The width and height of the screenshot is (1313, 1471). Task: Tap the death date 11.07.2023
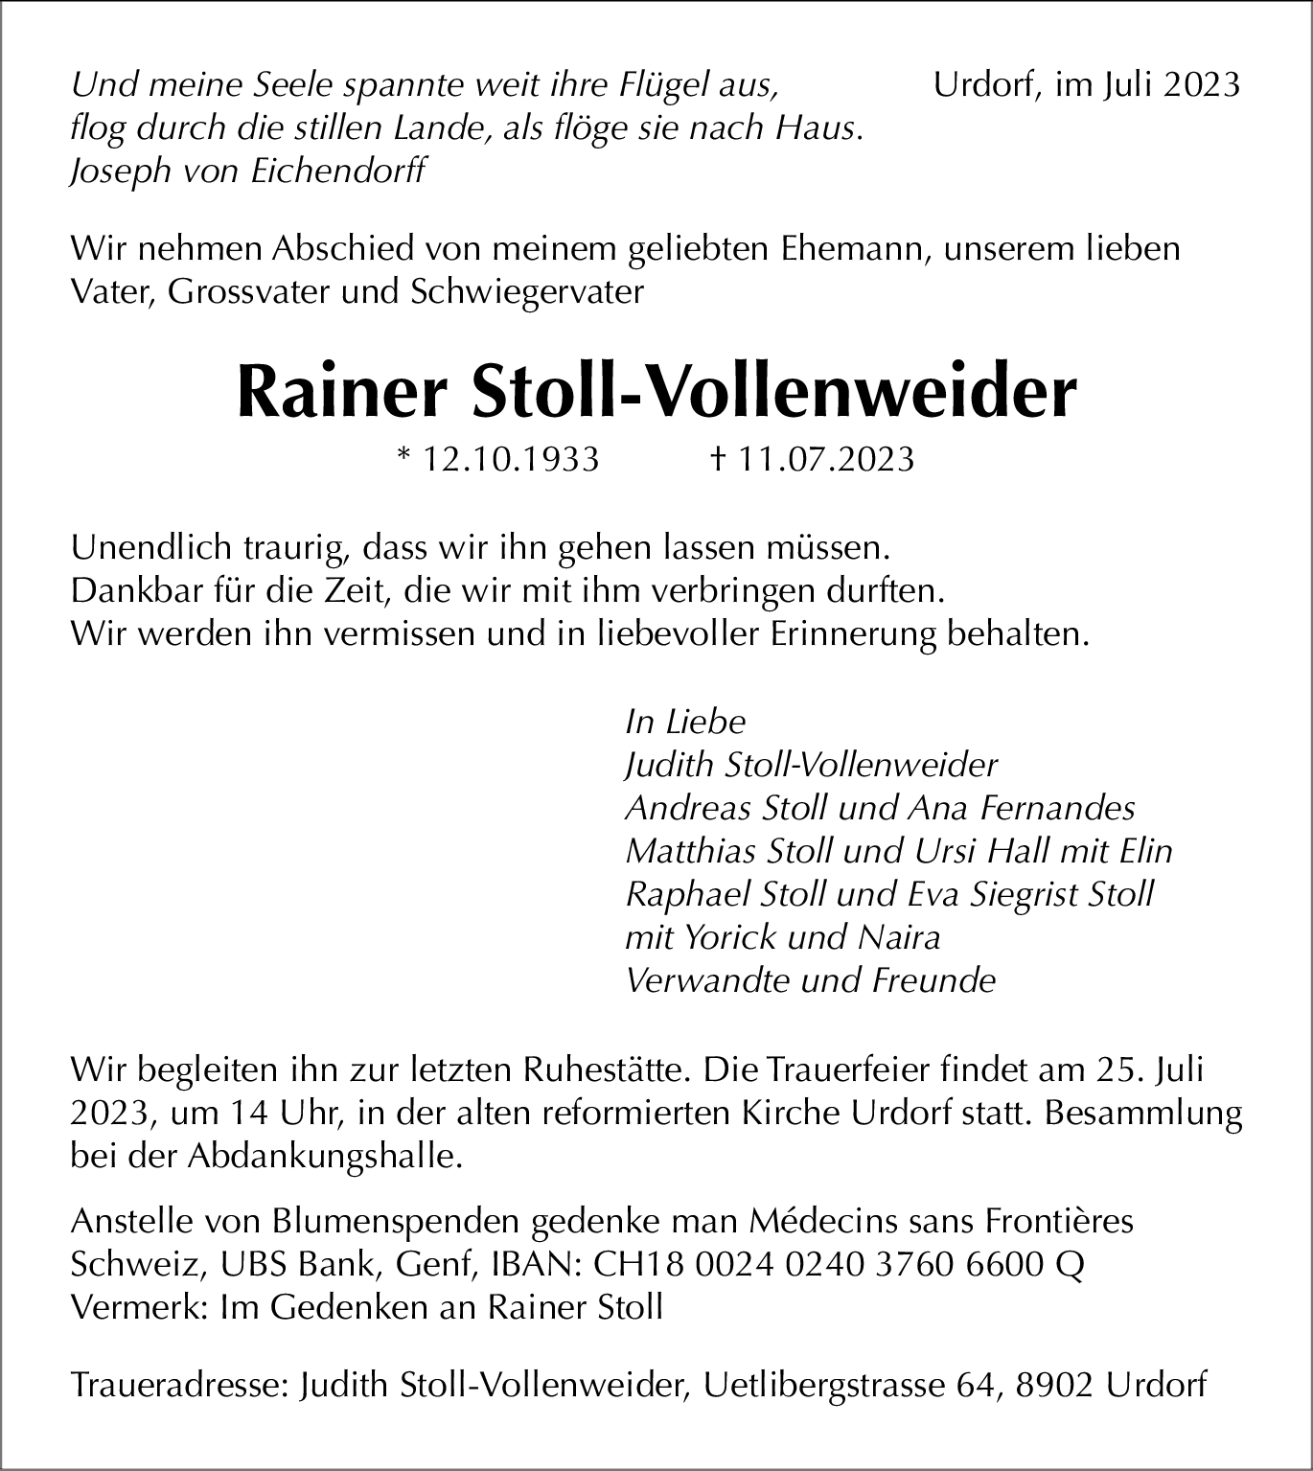(x=826, y=460)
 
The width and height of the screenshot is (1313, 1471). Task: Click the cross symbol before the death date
(x=716, y=460)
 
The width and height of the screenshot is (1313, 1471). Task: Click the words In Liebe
(x=684, y=722)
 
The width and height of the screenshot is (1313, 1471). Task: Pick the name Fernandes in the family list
(x=1057, y=808)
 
